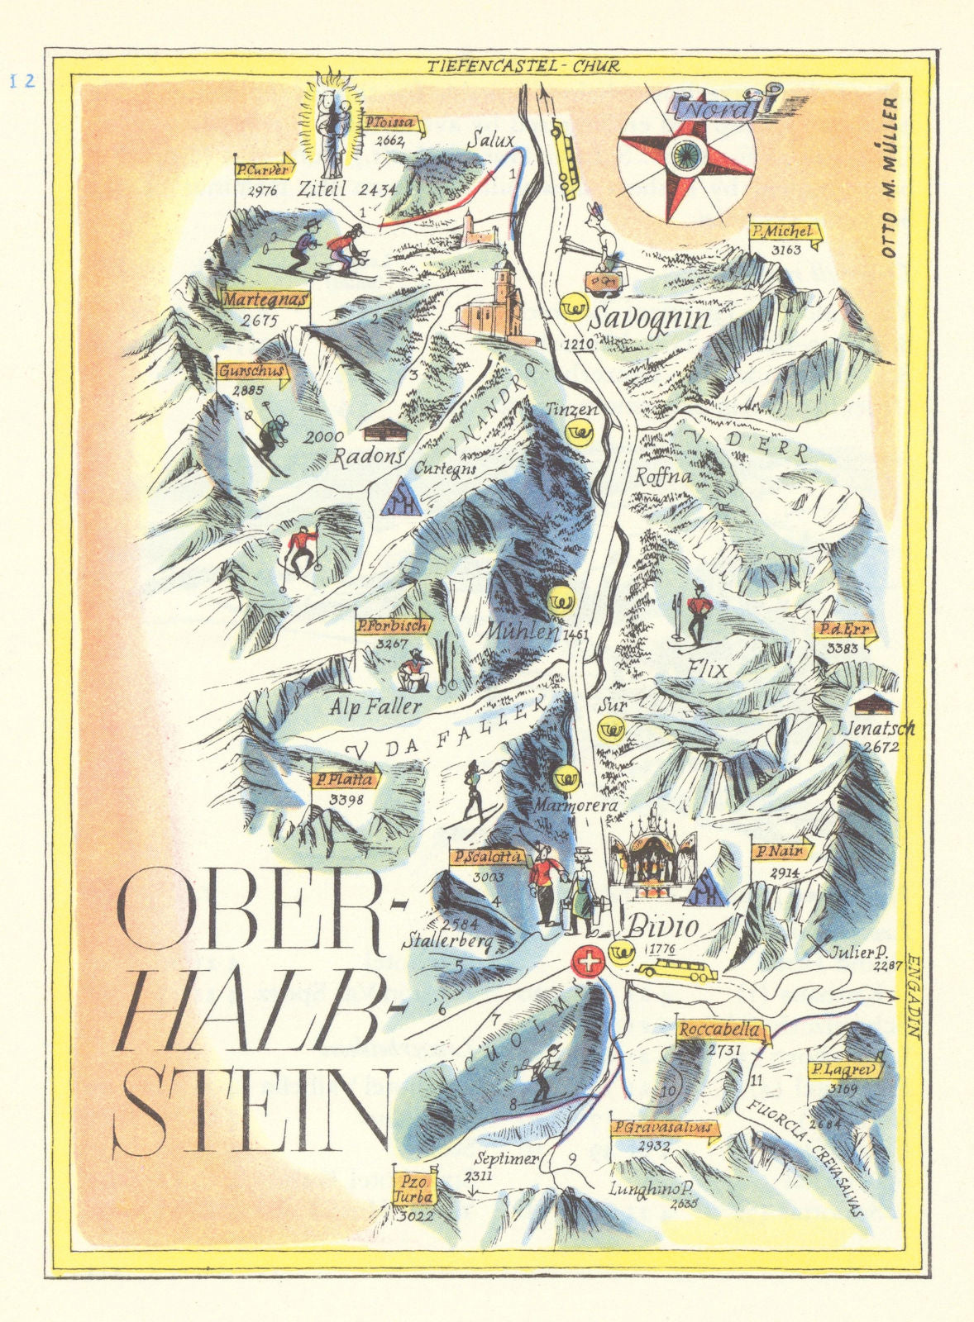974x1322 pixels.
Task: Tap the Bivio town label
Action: pos(663,929)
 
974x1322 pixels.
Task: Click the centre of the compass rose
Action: pos(686,153)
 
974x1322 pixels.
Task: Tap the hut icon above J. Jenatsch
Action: pos(875,705)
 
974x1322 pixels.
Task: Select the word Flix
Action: pos(707,669)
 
